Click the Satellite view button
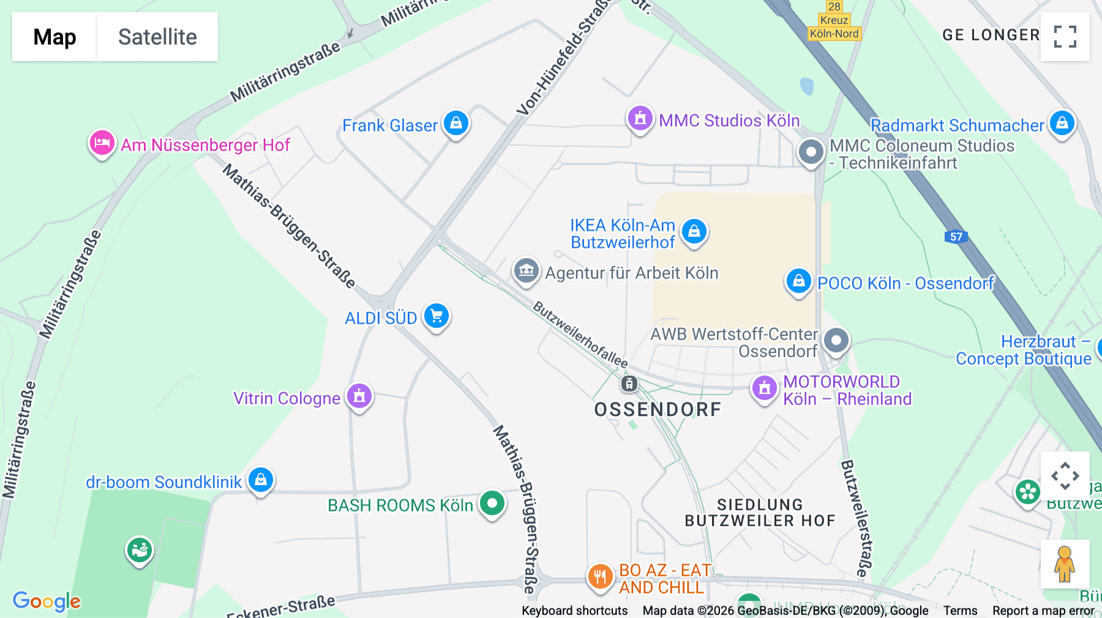coord(157,37)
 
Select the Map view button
coord(54,37)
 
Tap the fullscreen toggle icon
coord(1065,37)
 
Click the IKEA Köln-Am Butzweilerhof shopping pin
coord(694,232)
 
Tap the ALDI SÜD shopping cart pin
coord(437,316)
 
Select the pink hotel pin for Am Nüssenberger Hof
coord(102,143)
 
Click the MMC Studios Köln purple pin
coord(640,118)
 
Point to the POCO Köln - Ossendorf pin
coord(798,281)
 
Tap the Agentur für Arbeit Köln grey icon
coord(526,270)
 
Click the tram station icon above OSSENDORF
coord(629,384)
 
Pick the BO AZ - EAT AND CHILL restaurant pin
coord(600,576)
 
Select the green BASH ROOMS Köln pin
coord(492,504)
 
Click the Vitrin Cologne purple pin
coord(359,396)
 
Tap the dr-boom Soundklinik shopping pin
coord(261,480)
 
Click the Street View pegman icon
coord(1065,564)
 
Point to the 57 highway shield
coord(956,237)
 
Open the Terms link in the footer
coord(960,611)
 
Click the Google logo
coord(47,601)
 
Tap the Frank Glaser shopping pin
coord(456,124)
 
